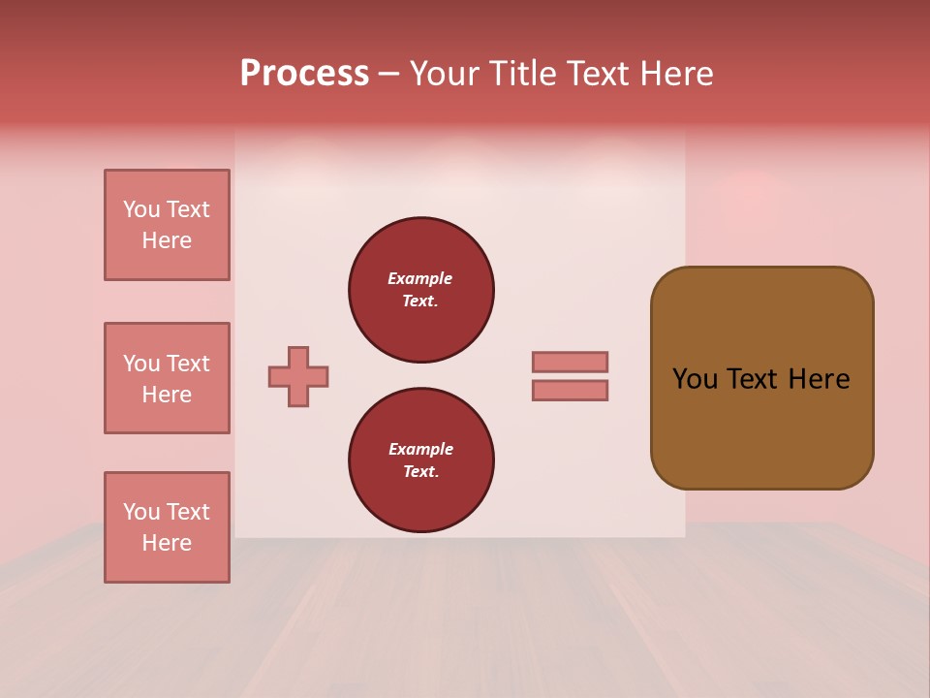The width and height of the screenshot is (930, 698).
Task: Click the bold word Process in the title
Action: pyautogui.click(x=304, y=74)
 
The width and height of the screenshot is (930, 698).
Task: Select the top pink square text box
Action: pyautogui.click(x=167, y=225)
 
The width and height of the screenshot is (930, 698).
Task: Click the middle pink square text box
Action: pyautogui.click(x=167, y=378)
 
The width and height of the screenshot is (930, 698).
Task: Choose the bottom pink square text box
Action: pyautogui.click(x=167, y=527)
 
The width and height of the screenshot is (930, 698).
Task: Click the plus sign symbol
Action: pyautogui.click(x=298, y=376)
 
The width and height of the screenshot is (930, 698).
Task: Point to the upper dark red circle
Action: pyautogui.click(x=420, y=289)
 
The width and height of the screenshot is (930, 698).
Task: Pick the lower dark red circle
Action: pyautogui.click(x=420, y=460)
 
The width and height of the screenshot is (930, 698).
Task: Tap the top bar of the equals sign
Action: pyautogui.click(x=570, y=362)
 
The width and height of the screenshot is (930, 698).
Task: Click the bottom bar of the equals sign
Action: pyautogui.click(x=570, y=390)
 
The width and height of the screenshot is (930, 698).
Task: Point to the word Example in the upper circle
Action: pyautogui.click(x=419, y=278)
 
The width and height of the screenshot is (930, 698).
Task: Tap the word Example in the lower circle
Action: pyautogui.click(x=420, y=449)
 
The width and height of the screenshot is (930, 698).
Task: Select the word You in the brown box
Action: pyautogui.click(x=696, y=379)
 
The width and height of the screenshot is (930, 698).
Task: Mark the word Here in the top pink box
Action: pyautogui.click(x=167, y=240)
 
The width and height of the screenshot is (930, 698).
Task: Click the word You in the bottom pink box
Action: pyautogui.click(x=141, y=512)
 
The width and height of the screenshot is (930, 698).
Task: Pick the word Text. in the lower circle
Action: pyautogui.click(x=420, y=471)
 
